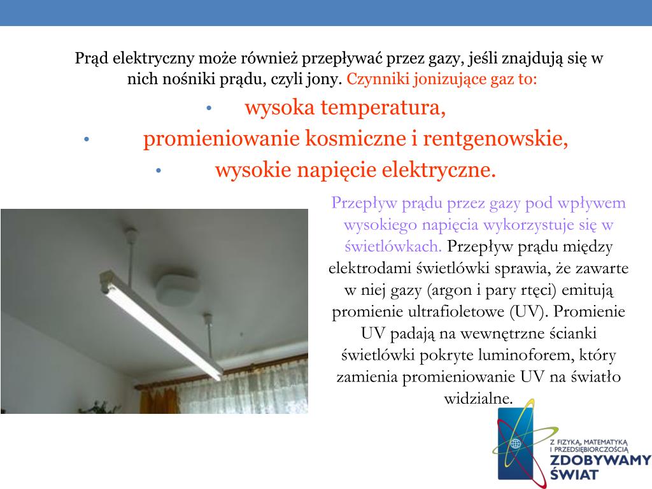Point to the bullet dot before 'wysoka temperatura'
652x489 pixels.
pos(209,108)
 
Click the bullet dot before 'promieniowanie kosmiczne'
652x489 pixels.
pos(87,139)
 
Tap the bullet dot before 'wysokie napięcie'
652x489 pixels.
pos(158,171)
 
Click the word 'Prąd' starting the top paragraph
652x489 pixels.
pos(93,59)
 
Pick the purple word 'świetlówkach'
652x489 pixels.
pos(393,246)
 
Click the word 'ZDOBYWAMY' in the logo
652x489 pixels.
pos(600,460)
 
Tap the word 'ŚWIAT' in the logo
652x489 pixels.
pos(574,474)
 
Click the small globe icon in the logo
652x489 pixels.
pos(515,443)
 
